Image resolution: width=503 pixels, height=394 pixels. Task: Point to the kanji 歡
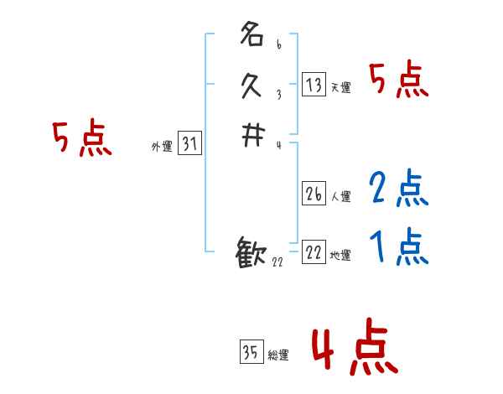point(252,254)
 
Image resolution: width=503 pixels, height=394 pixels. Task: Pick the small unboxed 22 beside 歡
point(277,262)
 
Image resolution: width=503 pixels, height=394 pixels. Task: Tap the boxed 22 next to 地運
point(314,251)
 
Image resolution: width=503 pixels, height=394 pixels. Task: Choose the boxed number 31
point(189,144)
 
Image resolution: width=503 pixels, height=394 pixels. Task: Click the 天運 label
point(341,87)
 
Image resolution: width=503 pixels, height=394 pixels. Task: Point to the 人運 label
point(341,197)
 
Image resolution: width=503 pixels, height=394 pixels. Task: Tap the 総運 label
point(278,355)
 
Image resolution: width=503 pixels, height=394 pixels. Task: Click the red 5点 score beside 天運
point(398,80)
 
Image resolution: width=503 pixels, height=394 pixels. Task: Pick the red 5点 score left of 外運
point(81,138)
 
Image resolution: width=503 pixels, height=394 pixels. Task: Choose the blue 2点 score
point(398,189)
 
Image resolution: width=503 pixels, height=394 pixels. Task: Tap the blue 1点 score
point(398,247)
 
